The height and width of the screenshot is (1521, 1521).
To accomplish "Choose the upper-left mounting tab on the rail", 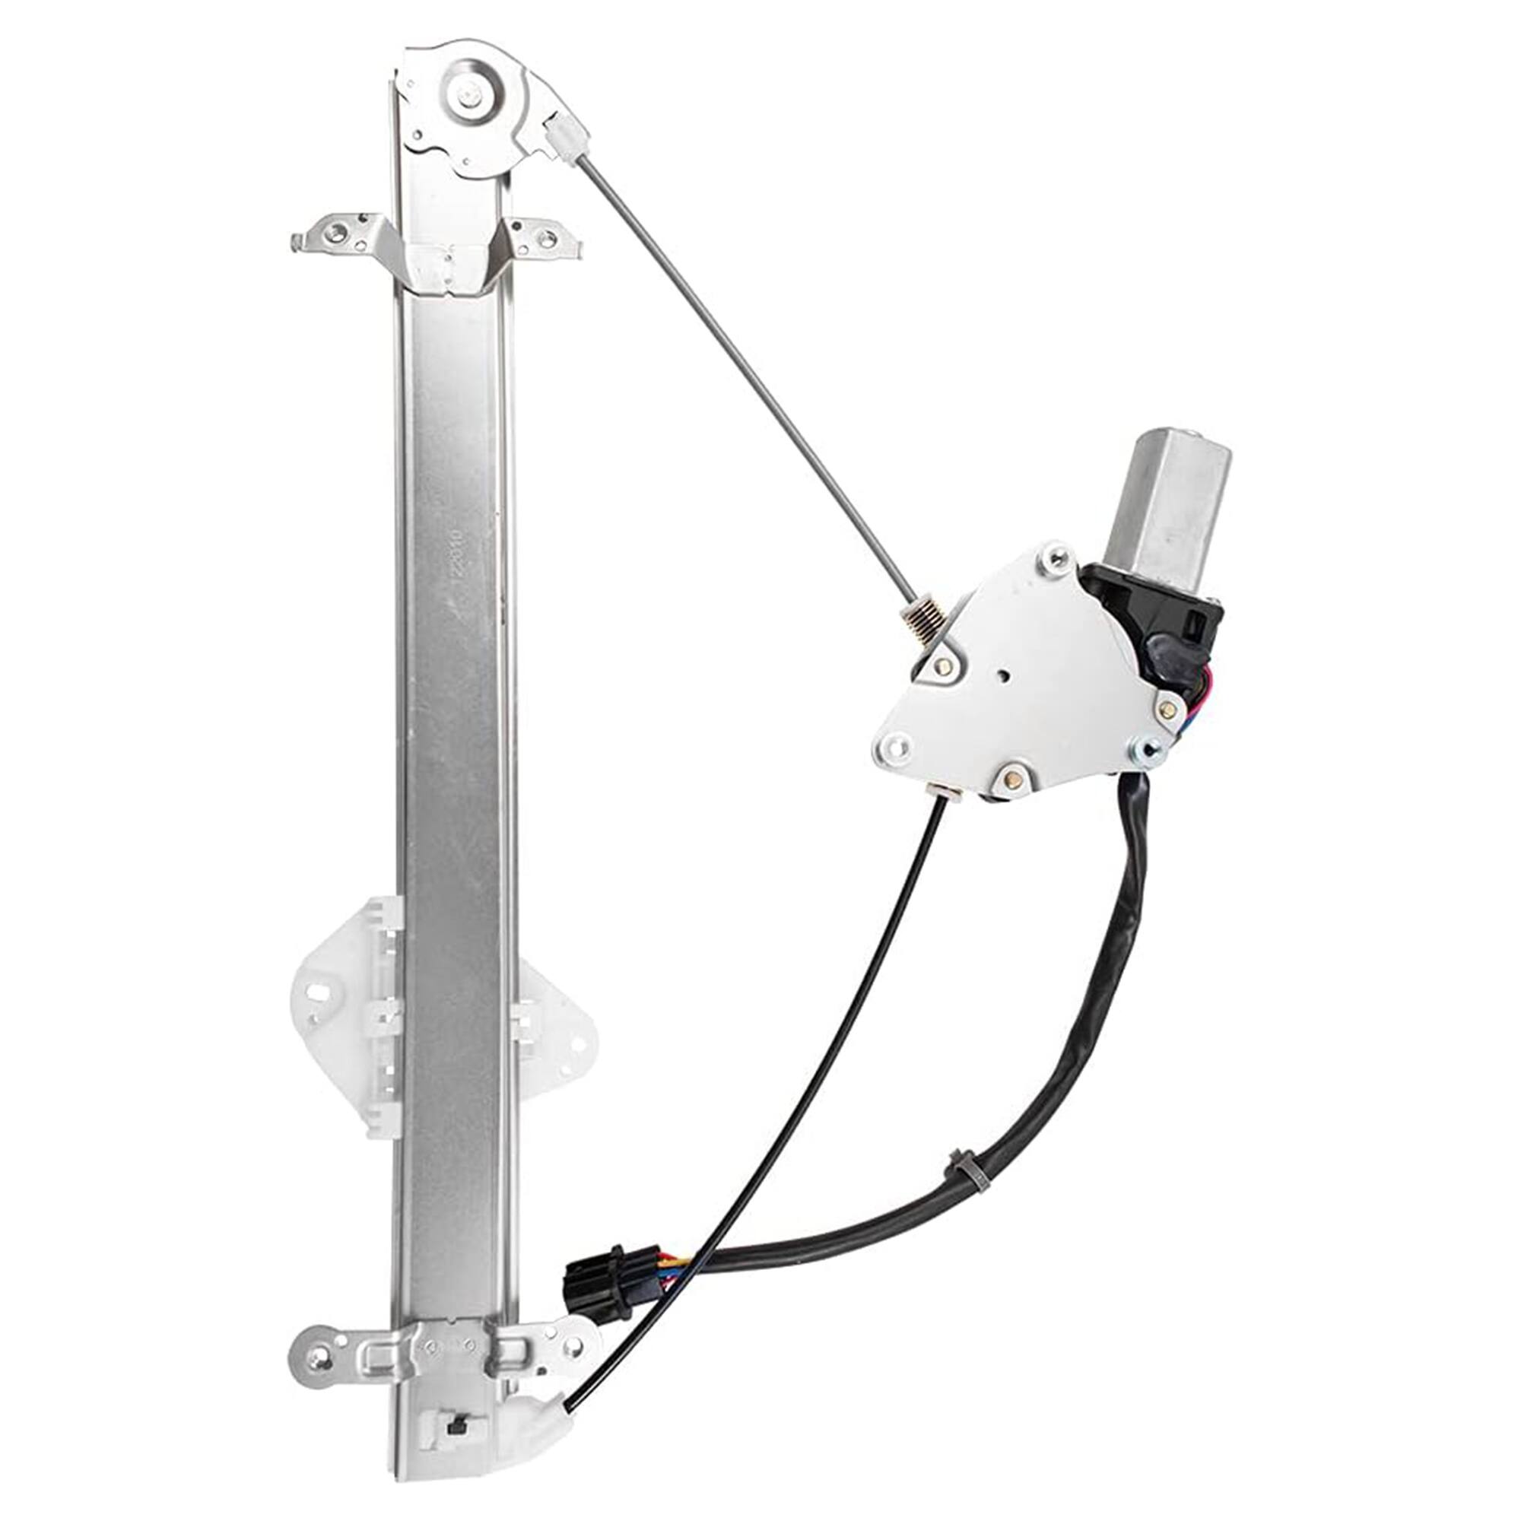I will pos(335,233).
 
